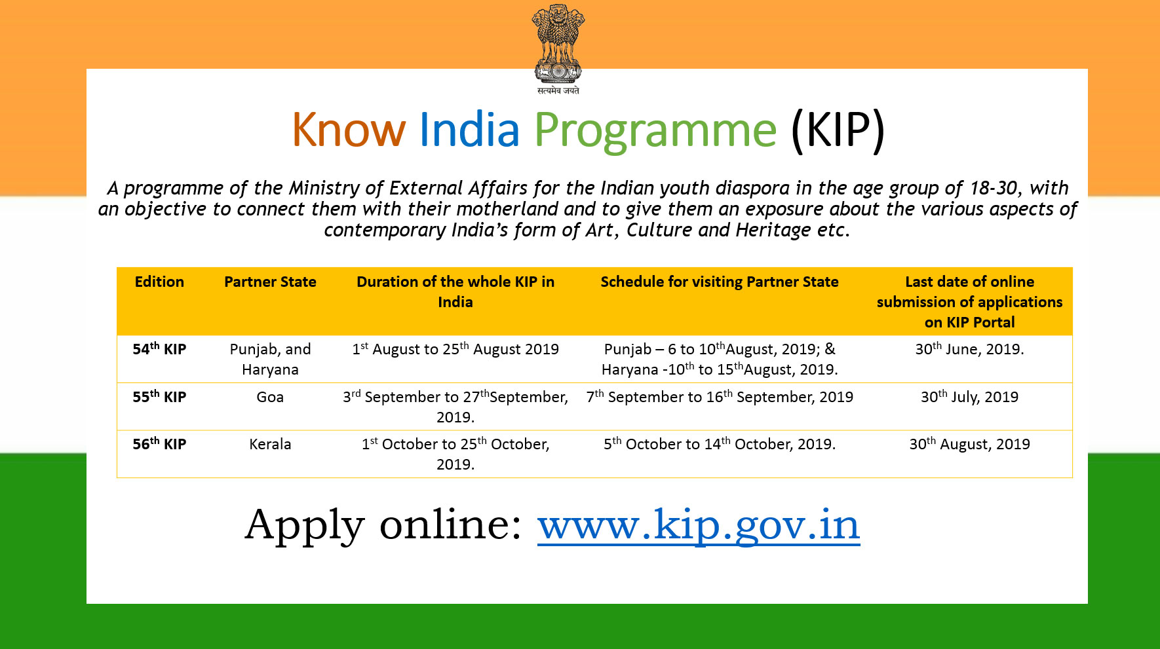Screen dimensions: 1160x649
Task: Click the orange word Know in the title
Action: coord(349,130)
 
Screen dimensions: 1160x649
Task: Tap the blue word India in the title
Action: coord(469,129)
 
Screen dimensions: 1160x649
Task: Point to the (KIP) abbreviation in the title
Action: coord(838,130)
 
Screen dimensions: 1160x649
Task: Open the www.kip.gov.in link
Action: coord(699,525)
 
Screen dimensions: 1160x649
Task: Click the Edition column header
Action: coord(159,282)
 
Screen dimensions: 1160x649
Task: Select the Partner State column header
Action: coord(270,282)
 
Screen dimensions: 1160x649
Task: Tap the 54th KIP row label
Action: coord(159,348)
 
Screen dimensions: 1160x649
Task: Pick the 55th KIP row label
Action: coord(159,396)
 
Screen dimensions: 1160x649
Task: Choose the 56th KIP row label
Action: coord(159,443)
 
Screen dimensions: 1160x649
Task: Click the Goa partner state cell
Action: coord(270,397)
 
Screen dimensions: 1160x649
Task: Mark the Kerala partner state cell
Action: coord(270,444)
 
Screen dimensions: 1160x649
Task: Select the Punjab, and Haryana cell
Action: coord(270,359)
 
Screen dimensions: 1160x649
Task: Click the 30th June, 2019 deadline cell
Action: coord(969,348)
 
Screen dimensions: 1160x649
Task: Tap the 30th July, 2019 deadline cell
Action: coord(969,396)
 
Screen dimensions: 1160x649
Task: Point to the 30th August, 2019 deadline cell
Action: coord(969,443)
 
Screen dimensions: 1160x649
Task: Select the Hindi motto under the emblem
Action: coord(558,90)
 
